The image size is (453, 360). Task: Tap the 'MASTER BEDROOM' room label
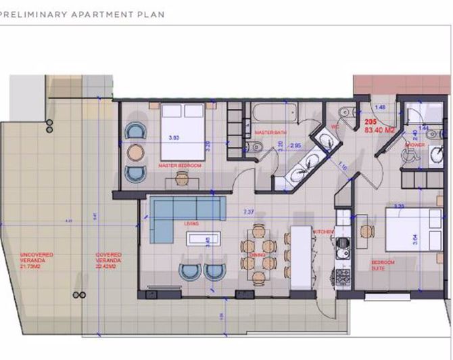point(180,165)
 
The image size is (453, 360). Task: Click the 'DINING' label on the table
point(256,255)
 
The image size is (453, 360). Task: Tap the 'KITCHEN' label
point(323,232)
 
